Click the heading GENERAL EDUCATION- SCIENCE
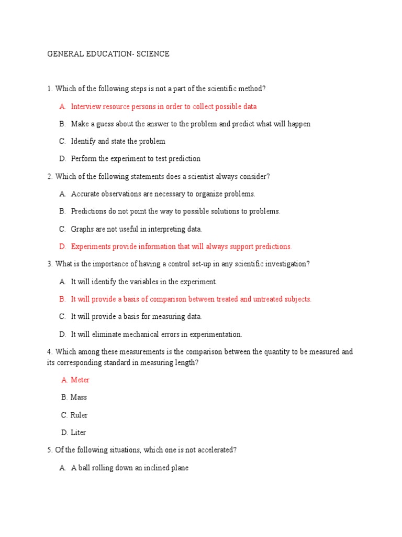(x=108, y=54)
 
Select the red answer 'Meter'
(x=80, y=380)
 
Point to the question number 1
(x=50, y=89)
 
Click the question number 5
(x=50, y=450)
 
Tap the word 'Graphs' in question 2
(x=83, y=229)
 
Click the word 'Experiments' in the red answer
(x=92, y=246)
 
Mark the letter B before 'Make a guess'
(x=62, y=124)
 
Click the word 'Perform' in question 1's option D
(x=84, y=158)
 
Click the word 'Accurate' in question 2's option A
(x=85, y=194)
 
